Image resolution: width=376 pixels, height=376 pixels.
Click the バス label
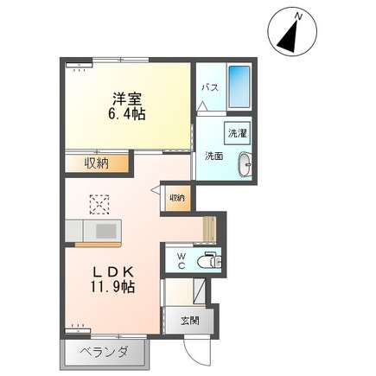[209, 88]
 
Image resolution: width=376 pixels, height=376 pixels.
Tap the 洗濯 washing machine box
[238, 134]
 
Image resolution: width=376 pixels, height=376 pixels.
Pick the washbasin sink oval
[245, 162]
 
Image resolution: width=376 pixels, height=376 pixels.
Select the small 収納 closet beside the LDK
[176, 198]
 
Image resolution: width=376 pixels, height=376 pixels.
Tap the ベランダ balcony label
[106, 353]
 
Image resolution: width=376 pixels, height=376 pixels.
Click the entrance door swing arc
[201, 350]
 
